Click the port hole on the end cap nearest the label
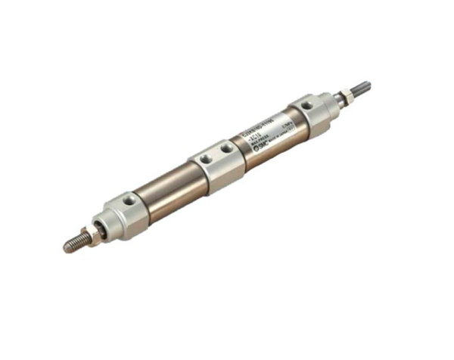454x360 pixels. click(306, 105)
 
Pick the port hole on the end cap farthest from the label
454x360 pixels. click(131, 200)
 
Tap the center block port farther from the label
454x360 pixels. click(204, 158)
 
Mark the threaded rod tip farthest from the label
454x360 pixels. click(73, 243)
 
